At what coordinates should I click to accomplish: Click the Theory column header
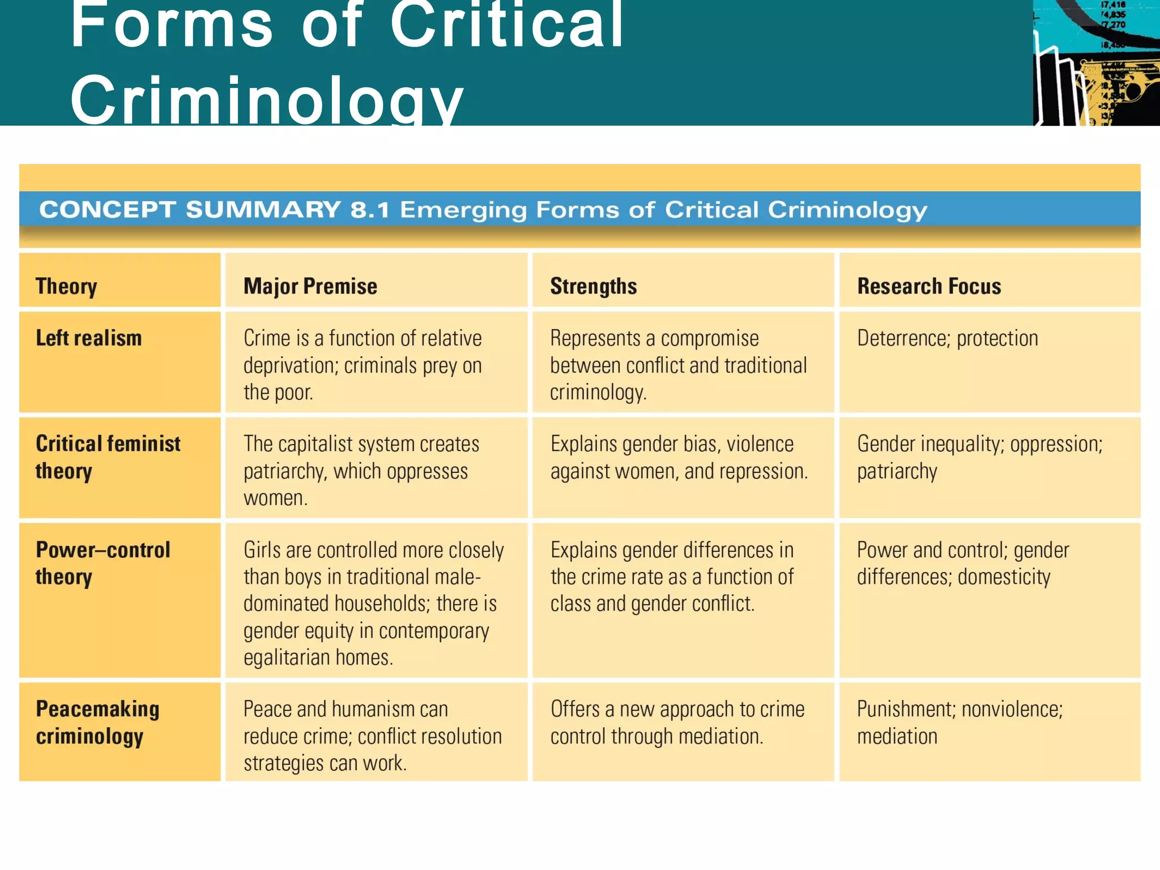coord(66,286)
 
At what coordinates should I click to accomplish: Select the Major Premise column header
coord(310,286)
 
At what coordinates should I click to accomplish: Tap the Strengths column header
coord(593,286)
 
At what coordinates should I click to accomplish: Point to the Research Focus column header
coord(929,286)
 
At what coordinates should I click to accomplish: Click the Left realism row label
coord(88,338)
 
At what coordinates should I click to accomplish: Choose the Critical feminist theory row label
coord(108,457)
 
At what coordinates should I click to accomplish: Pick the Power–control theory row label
coord(103,563)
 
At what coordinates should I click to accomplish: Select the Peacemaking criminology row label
coord(97,722)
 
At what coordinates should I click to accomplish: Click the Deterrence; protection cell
coord(947,338)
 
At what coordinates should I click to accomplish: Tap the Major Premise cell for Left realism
coord(362,365)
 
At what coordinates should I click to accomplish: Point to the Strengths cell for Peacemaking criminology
coord(677,722)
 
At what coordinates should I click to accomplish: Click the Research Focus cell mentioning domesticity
coord(962,563)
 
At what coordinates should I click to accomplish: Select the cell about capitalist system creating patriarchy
coord(361,471)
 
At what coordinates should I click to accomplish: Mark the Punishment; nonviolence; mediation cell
coord(959,722)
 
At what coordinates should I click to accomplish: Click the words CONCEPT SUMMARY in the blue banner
coord(190,210)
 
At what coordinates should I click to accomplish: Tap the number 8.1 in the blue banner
coord(370,210)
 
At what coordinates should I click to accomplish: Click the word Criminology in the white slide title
coord(266,99)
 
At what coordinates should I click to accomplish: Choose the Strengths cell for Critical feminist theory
coord(679,457)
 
